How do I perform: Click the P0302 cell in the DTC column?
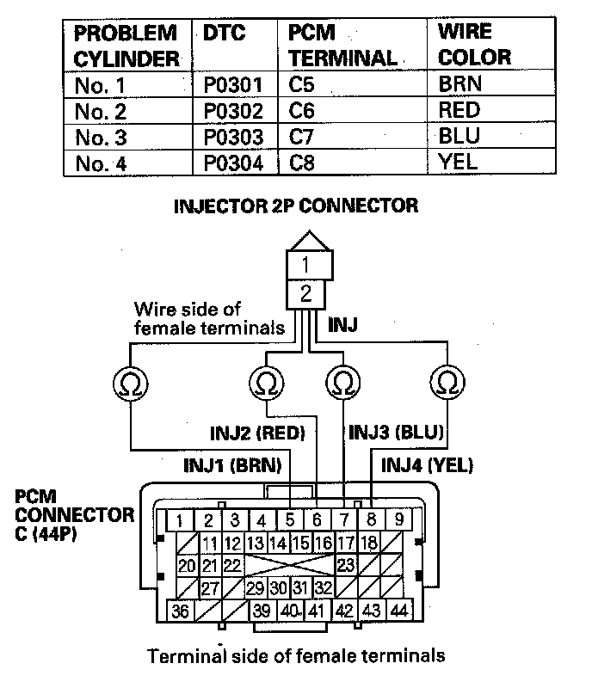[234, 111]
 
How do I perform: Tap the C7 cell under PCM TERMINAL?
[303, 137]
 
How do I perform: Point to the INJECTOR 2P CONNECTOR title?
[296, 206]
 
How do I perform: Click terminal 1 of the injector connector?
[305, 262]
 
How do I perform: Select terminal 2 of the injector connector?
[305, 294]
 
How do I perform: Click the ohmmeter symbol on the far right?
[447, 382]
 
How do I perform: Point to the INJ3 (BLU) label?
[395, 433]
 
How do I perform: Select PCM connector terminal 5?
[290, 520]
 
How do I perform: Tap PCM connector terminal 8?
[371, 519]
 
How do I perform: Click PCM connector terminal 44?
[398, 611]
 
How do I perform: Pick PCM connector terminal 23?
[346, 565]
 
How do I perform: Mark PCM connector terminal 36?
[180, 611]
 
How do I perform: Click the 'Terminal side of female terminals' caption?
[296, 656]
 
